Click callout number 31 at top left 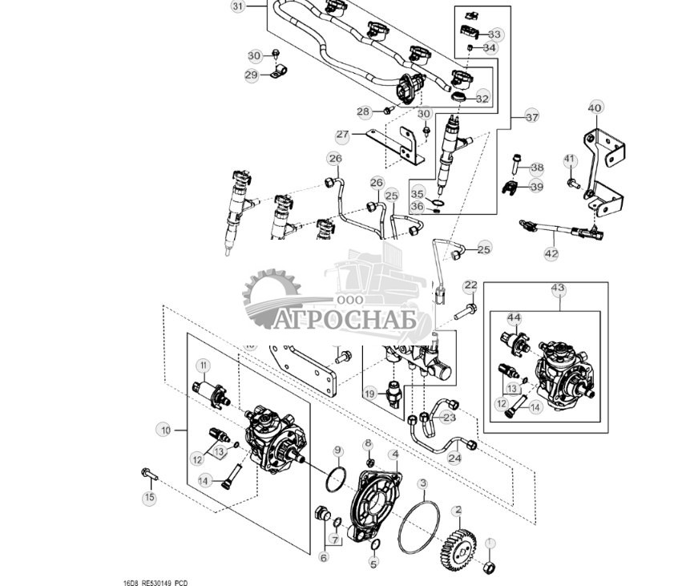pos(237,6)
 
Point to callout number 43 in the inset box pos(558,288)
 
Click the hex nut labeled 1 pos(486,568)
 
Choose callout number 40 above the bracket pos(595,107)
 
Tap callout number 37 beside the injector pos(532,116)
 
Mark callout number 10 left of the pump pos(166,430)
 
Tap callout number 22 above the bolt pos(470,285)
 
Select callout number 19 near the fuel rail pos(369,394)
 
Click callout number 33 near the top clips pos(494,34)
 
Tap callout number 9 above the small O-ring pos(338,450)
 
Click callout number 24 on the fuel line pos(454,459)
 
